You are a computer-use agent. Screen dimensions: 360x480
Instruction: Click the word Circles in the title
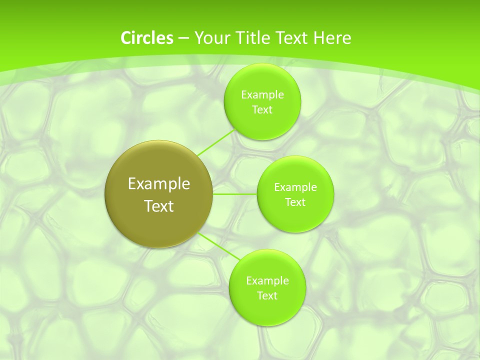tap(146, 38)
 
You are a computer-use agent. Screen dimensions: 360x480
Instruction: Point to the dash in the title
tap(183, 38)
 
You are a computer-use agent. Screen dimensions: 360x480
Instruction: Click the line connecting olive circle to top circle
tap(216, 142)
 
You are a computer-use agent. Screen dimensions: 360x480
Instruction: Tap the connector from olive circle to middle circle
tap(235, 194)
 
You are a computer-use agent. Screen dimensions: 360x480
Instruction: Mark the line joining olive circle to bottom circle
tap(219, 246)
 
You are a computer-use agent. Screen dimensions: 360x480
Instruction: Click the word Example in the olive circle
tap(158, 184)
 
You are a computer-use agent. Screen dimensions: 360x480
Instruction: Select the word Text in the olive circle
tap(158, 206)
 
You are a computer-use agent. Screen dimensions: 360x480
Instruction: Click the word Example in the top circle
tap(262, 95)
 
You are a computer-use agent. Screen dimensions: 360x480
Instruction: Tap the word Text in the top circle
tap(262, 110)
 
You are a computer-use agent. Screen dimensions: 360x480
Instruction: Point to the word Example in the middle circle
tap(295, 187)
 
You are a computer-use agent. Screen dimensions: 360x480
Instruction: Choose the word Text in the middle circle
tap(295, 202)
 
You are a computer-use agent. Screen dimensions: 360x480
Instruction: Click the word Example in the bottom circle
tap(267, 281)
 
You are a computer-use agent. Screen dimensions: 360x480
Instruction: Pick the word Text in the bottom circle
tap(267, 296)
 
